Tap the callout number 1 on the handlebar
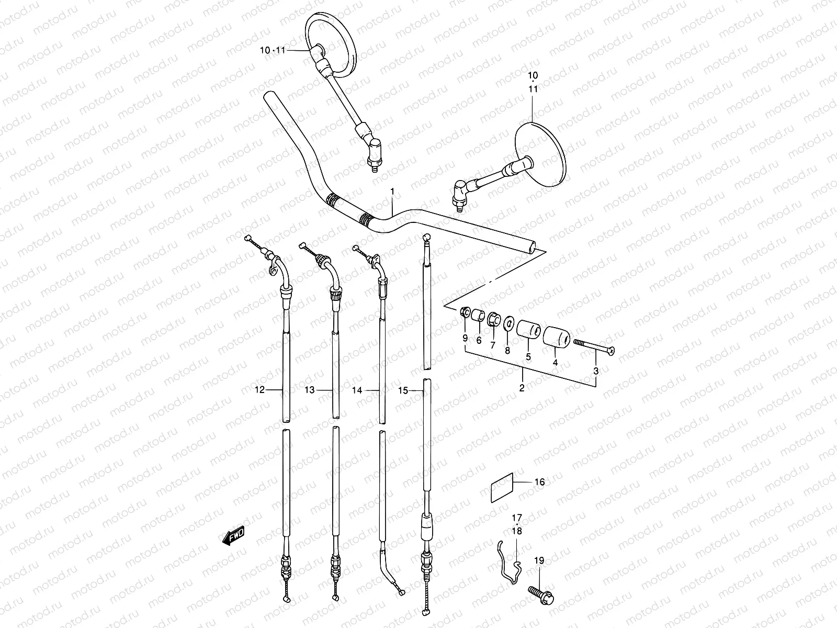pyautogui.click(x=392, y=193)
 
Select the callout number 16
pyautogui.click(x=539, y=482)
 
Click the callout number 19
pyautogui.click(x=539, y=560)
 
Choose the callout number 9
pyautogui.click(x=465, y=339)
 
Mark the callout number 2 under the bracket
pyautogui.click(x=522, y=388)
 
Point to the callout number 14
pyautogui.click(x=372, y=390)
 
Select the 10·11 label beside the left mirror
pyautogui.click(x=273, y=51)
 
